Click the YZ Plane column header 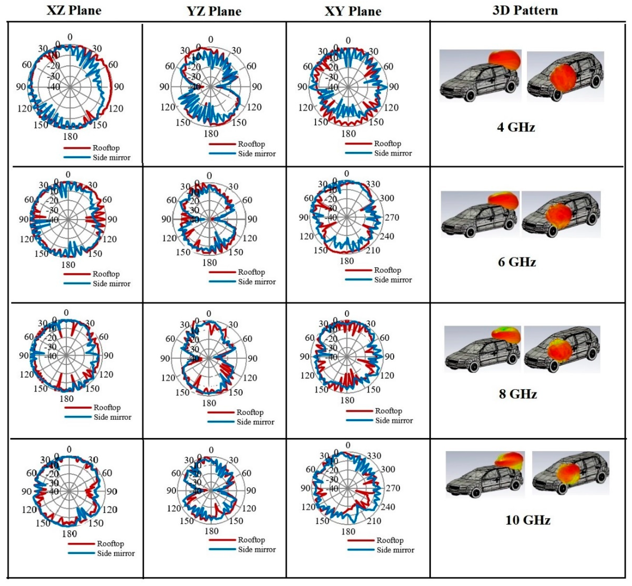click(x=214, y=11)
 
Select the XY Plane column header click(x=353, y=11)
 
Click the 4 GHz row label click(x=516, y=127)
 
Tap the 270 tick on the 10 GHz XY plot click(x=393, y=488)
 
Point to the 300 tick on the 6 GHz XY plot click(x=387, y=198)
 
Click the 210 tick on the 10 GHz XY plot click(x=374, y=521)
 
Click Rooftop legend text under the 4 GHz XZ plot click(x=106, y=148)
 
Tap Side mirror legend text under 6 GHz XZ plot click(x=111, y=283)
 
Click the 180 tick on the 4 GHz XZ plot click(x=70, y=137)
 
